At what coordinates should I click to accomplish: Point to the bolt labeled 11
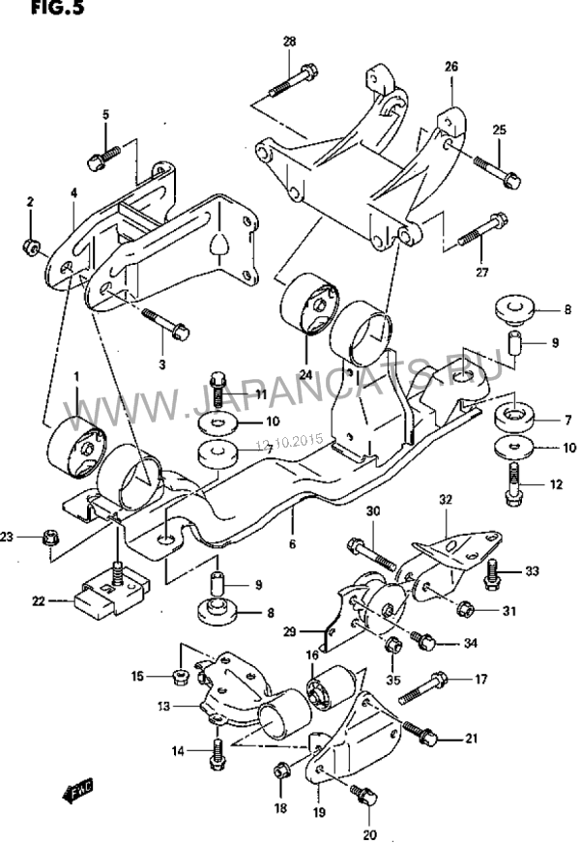pyautogui.click(x=218, y=388)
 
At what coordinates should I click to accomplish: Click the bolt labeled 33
pyautogui.click(x=493, y=572)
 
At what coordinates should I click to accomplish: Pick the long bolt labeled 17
pyautogui.click(x=424, y=687)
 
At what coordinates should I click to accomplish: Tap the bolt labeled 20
pyautogui.click(x=364, y=796)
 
